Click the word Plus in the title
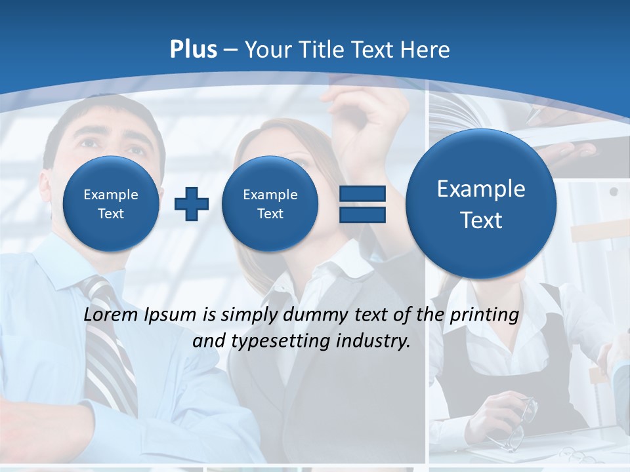193,50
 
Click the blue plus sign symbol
192,204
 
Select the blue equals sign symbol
362,204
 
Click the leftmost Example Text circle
111,204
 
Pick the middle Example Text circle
270,204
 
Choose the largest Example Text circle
481,204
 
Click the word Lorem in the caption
110,315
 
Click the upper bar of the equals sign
362,193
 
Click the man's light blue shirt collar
66,262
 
